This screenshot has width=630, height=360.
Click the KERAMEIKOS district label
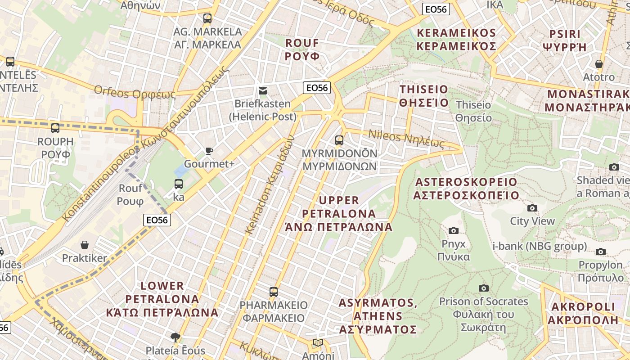pyautogui.click(x=456, y=40)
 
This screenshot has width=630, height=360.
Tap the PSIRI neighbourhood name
pyautogui.click(x=565, y=40)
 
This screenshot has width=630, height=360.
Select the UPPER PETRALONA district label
pyautogui.click(x=339, y=213)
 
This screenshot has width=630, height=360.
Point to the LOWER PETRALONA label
pyautogui.click(x=162, y=299)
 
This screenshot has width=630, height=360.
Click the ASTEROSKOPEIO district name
pyautogui.click(x=466, y=189)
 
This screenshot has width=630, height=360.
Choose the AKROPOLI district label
pyautogui.click(x=583, y=313)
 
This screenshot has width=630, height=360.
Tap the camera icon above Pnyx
pyautogui.click(x=454, y=231)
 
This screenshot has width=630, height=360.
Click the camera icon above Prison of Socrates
pyautogui.click(x=484, y=288)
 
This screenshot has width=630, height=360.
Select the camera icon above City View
pyautogui.click(x=532, y=208)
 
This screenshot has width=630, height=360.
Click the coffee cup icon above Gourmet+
pyautogui.click(x=209, y=151)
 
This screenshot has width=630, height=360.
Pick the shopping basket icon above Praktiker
pyautogui.click(x=85, y=245)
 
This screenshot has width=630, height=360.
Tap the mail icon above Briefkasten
pyautogui.click(x=263, y=91)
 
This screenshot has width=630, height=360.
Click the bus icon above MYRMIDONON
pyautogui.click(x=339, y=140)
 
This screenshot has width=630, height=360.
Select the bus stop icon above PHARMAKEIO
pyautogui.click(x=273, y=292)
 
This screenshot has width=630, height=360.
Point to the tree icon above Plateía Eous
pyautogui.click(x=175, y=337)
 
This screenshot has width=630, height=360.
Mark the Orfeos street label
pyautogui.click(x=135, y=93)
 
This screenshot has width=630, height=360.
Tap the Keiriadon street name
pyautogui.click(x=270, y=184)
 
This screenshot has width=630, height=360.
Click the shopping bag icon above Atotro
pyautogui.click(x=598, y=64)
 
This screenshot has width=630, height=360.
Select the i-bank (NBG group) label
pyautogui.click(x=540, y=246)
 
